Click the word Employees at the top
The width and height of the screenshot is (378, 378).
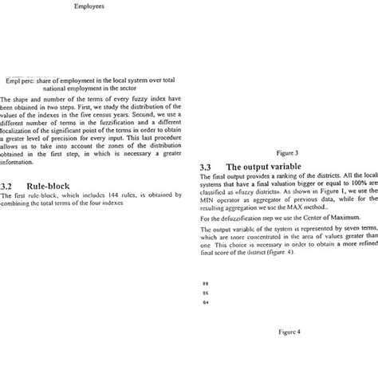(88, 6)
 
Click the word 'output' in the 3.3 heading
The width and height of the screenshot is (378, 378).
(270, 167)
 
